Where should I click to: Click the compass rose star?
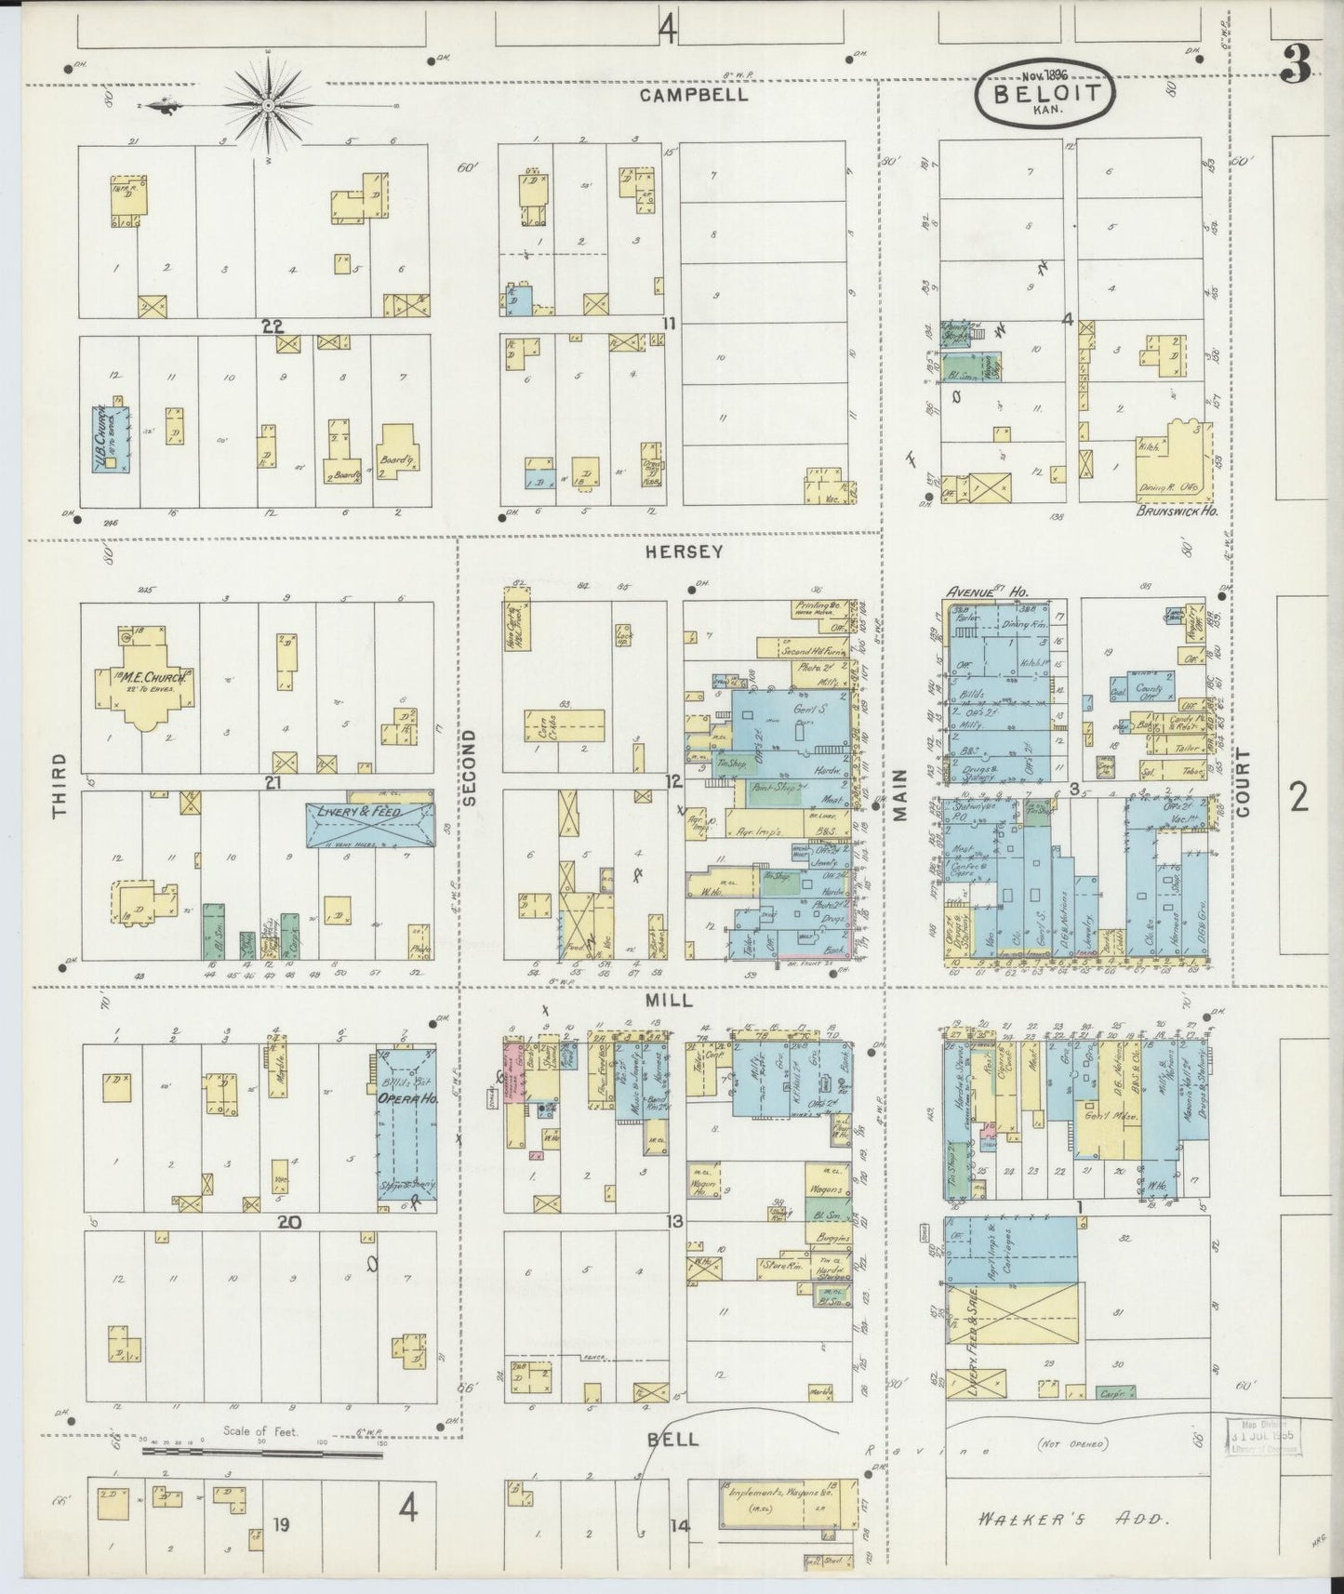tap(268, 106)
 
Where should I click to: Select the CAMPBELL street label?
tap(696, 95)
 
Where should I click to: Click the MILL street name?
tap(668, 1000)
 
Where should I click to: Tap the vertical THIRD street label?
tap(60, 786)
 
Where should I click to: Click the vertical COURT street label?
tap(1244, 783)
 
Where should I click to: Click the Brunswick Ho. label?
tap(1177, 511)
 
